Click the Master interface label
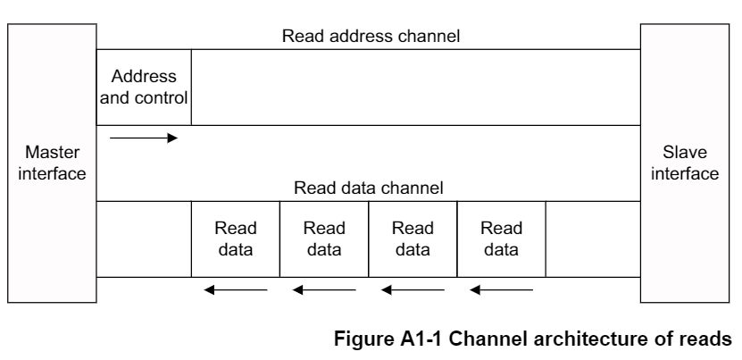click(x=50, y=163)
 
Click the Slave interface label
click(x=684, y=163)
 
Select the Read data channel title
click(x=369, y=189)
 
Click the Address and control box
click(x=144, y=88)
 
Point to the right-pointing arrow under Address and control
click(x=144, y=138)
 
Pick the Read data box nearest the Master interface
click(x=236, y=239)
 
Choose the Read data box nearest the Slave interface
click(x=501, y=239)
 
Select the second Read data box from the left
click(x=324, y=239)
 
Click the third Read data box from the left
click(x=413, y=239)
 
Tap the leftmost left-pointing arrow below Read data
click(x=236, y=289)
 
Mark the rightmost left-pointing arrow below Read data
click(x=502, y=289)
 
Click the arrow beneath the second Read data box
click(x=324, y=289)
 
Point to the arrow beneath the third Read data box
click(x=413, y=289)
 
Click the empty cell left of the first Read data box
click(x=144, y=239)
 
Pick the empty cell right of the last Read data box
click(x=592, y=239)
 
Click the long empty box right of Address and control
click(x=415, y=88)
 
